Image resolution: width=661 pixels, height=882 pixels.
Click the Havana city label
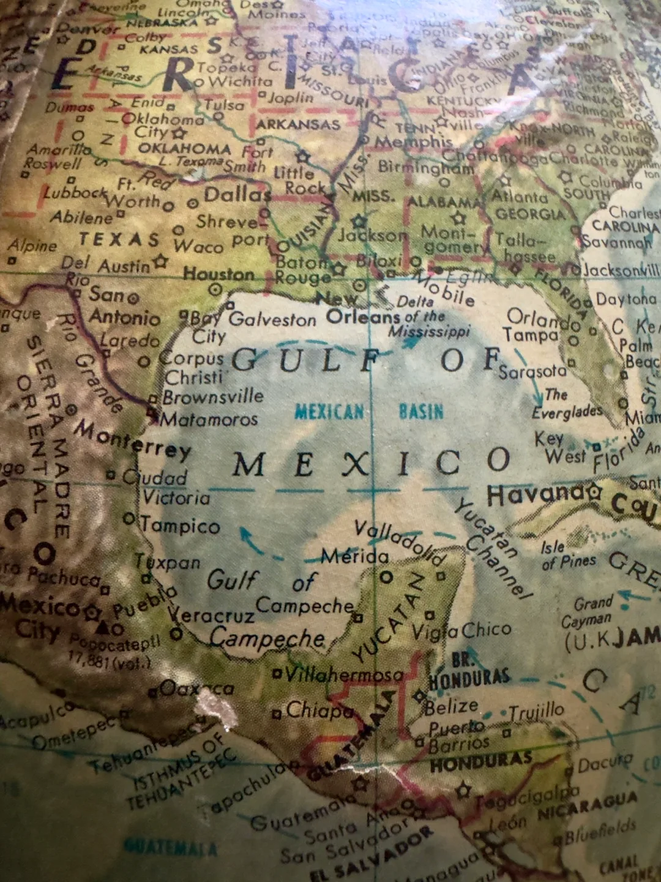(x=536, y=494)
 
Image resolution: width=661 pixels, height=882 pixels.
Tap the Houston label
(x=218, y=274)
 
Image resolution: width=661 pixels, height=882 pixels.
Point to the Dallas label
(x=237, y=195)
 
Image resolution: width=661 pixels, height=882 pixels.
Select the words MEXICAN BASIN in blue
(x=369, y=411)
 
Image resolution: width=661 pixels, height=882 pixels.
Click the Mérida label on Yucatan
(x=355, y=556)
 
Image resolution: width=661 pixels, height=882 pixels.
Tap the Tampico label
(x=180, y=526)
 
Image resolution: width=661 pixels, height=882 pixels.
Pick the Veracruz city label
(x=211, y=614)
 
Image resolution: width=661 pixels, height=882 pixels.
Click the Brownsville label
(x=213, y=396)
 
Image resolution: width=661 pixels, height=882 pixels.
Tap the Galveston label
(x=272, y=319)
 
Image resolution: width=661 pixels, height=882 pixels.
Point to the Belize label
(x=452, y=707)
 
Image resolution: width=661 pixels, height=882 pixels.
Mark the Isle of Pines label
(x=568, y=554)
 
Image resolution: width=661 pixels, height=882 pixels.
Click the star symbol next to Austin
(x=161, y=262)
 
